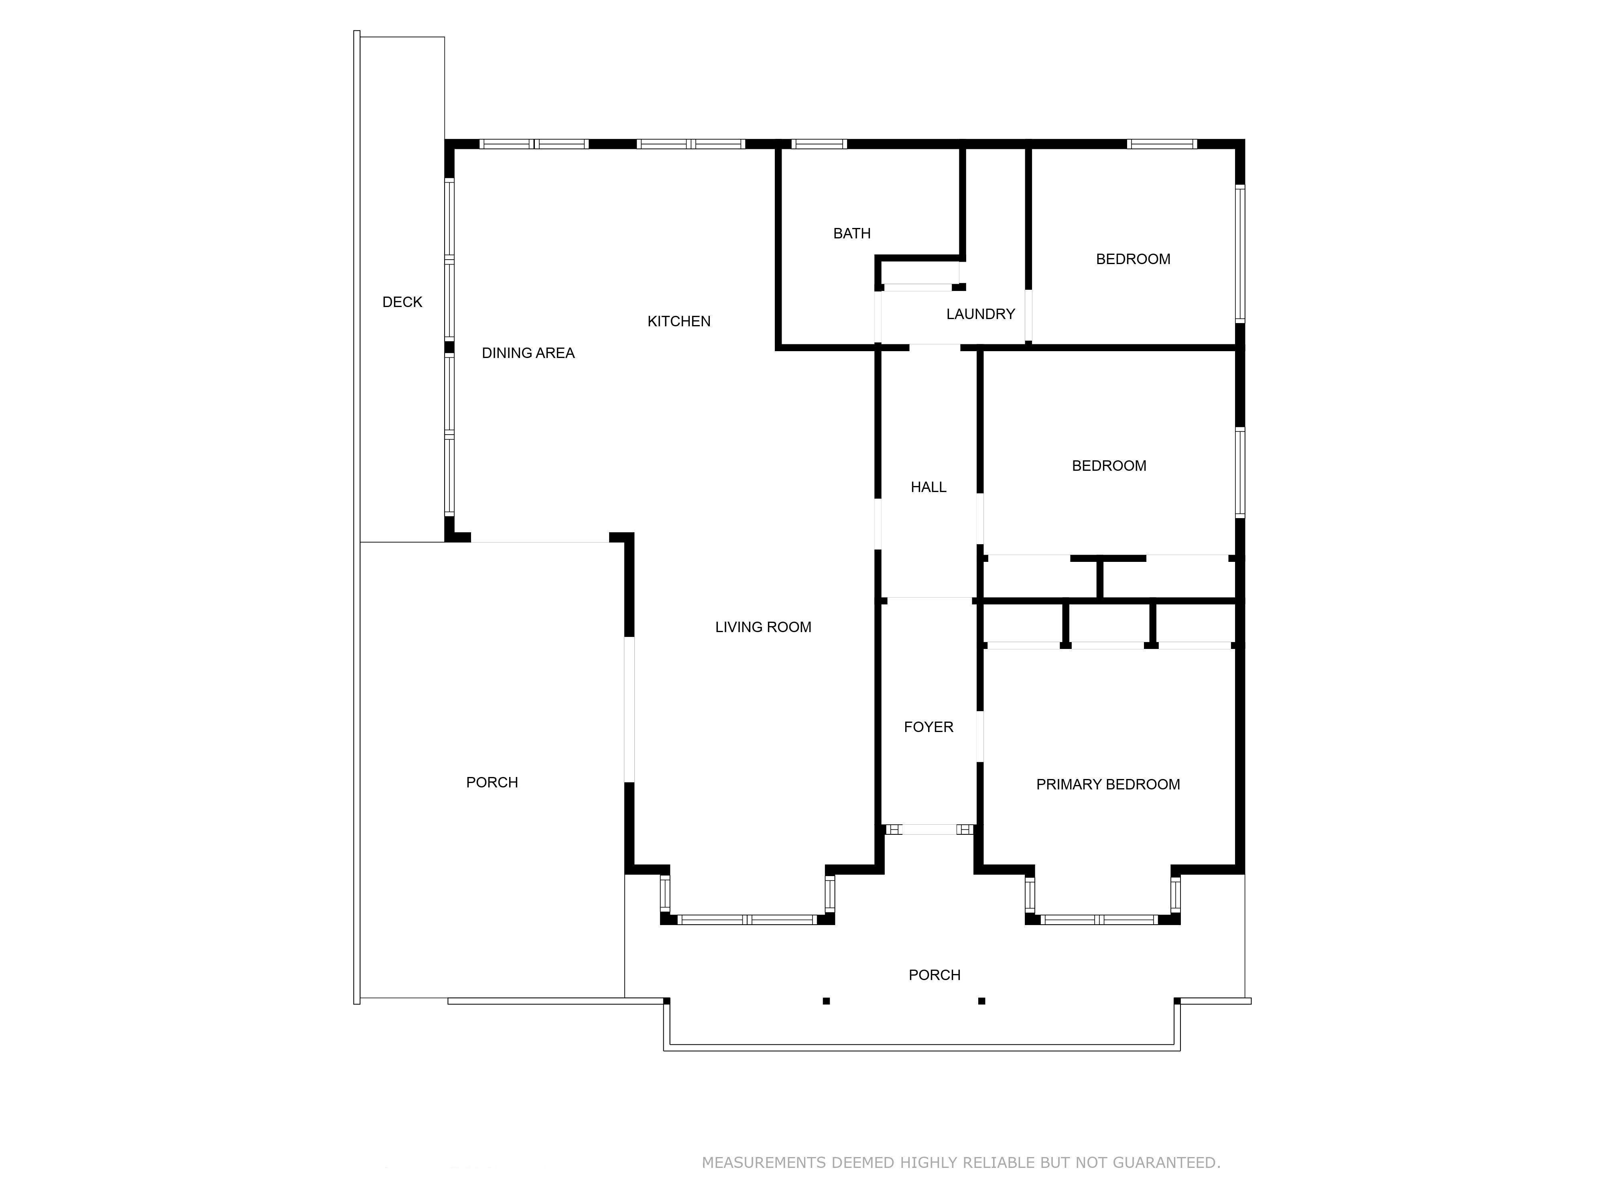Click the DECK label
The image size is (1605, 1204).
pyautogui.click(x=402, y=302)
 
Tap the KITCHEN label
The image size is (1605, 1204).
pyautogui.click(x=679, y=321)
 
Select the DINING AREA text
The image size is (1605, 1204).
pyautogui.click(x=528, y=353)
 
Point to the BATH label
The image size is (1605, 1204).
pyautogui.click(x=852, y=233)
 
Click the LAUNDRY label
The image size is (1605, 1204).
pyautogui.click(x=980, y=313)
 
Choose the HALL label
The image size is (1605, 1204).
pyautogui.click(x=929, y=487)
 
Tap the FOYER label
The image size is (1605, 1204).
pyautogui.click(x=929, y=726)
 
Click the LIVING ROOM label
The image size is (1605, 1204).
pyautogui.click(x=763, y=627)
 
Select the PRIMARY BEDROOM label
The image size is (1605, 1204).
pyautogui.click(x=1108, y=784)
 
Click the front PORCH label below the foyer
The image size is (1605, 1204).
pyautogui.click(x=935, y=975)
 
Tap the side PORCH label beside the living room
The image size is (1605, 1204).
pyautogui.click(x=492, y=782)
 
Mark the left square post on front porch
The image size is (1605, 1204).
pyautogui.click(x=826, y=1001)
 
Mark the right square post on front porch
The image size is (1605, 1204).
pyautogui.click(x=982, y=1001)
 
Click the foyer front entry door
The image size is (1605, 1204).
pyautogui.click(x=929, y=830)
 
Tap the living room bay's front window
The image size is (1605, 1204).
pyautogui.click(x=748, y=919)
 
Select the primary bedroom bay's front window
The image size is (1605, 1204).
pyautogui.click(x=1099, y=919)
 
